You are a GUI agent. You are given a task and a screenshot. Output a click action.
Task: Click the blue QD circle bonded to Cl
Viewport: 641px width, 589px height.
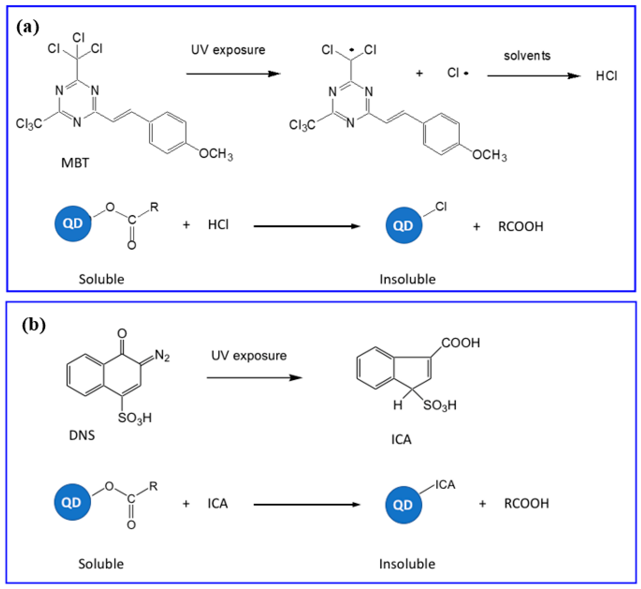click(x=404, y=225)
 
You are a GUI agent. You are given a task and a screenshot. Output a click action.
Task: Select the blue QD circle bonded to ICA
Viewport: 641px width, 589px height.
click(x=403, y=505)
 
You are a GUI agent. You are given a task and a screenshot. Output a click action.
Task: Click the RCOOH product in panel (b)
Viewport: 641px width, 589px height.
click(x=526, y=504)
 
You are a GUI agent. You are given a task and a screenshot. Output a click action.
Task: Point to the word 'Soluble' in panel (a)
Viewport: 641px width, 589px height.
click(x=101, y=279)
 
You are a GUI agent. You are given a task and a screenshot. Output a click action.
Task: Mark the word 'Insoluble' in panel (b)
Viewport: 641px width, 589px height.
click(x=407, y=564)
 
